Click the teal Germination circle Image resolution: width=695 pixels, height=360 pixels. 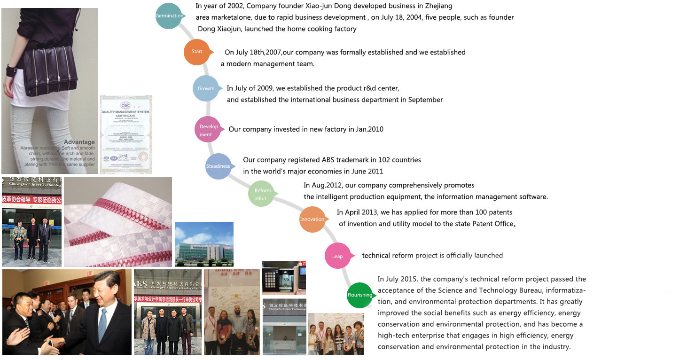pyautogui.click(x=169, y=16)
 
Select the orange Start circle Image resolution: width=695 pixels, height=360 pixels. pyautogui.click(x=197, y=51)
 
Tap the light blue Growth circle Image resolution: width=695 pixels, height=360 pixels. pyautogui.click(x=206, y=88)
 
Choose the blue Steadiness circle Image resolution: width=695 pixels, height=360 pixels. pyautogui.click(x=218, y=166)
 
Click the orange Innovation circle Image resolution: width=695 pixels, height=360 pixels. pyautogui.click(x=312, y=219)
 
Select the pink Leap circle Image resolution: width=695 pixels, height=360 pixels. pyautogui.click(x=337, y=256)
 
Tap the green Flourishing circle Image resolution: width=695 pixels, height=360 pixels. pyautogui.click(x=360, y=295)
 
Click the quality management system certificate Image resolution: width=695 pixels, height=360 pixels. pyautogui.click(x=126, y=134)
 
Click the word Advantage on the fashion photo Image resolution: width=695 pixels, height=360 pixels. pyautogui.click(x=79, y=142)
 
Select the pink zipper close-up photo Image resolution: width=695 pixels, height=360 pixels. pyautogui.click(x=117, y=221)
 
